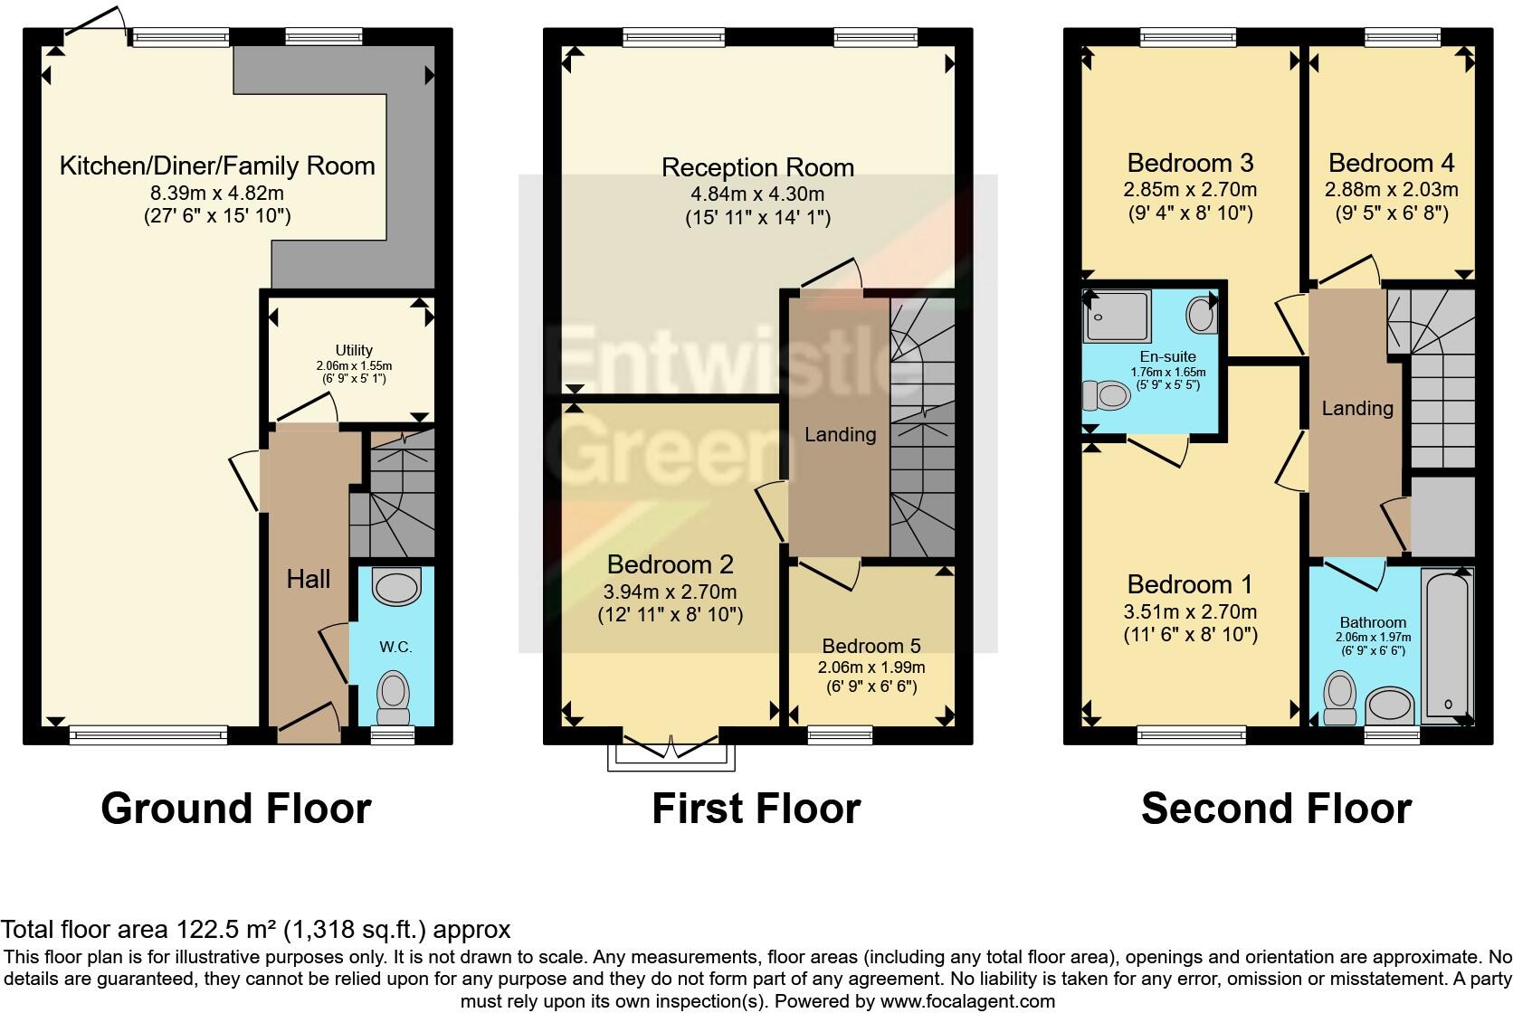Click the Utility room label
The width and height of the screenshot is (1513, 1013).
click(x=354, y=350)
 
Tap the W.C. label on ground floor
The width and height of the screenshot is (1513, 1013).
click(x=395, y=647)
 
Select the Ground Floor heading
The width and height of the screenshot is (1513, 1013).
click(x=235, y=808)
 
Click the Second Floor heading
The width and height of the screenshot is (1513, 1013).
click(x=1276, y=808)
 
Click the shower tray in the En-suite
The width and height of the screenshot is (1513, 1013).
click(x=1118, y=316)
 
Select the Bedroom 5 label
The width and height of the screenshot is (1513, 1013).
click(x=871, y=646)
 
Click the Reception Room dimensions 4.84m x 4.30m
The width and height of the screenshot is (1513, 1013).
click(x=757, y=194)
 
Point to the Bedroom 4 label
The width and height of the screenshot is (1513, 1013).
click(x=1391, y=163)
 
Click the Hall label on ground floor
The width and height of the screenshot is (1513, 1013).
click(x=309, y=579)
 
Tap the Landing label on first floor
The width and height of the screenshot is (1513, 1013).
click(x=840, y=434)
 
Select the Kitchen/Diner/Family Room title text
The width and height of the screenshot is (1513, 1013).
click(x=217, y=166)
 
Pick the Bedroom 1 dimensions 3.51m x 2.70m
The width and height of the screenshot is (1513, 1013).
click(x=1190, y=611)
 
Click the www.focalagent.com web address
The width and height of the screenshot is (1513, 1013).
click(x=966, y=1001)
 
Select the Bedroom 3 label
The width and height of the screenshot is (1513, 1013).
click(x=1190, y=163)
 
